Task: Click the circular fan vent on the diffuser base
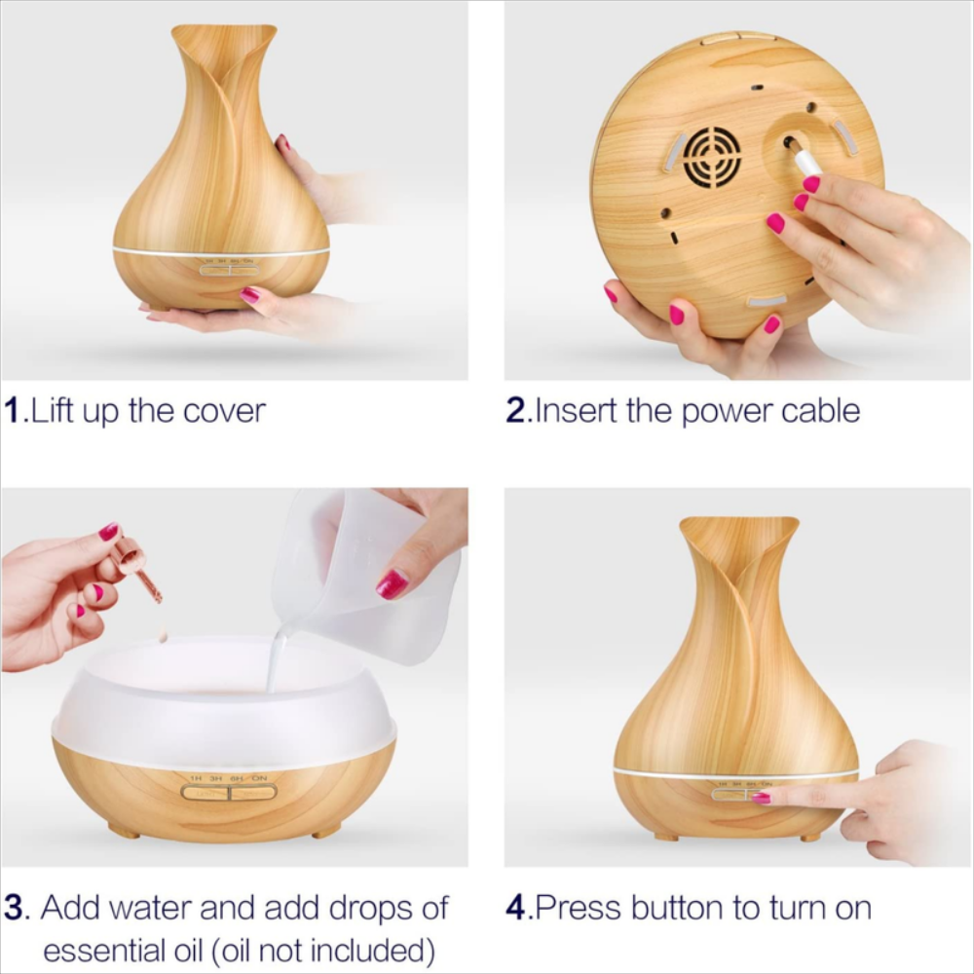click(712, 157)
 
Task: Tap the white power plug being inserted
click(804, 158)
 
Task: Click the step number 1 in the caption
click(13, 410)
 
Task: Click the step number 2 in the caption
click(515, 410)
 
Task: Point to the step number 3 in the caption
click(13, 908)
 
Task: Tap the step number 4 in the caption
click(515, 908)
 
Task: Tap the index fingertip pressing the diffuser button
click(762, 798)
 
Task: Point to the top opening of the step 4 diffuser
click(738, 529)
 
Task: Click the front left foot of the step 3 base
click(124, 831)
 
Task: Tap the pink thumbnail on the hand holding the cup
click(392, 583)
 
